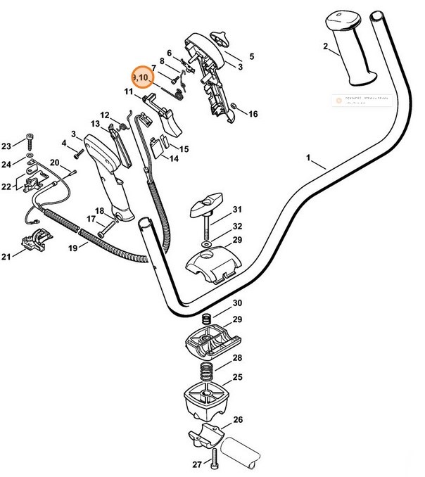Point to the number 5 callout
point(252,56)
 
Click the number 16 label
point(253,114)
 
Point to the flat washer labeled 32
point(205,246)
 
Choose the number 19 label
point(72,248)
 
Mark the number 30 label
point(238,303)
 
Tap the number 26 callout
point(238,421)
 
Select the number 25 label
point(238,378)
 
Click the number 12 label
point(104,115)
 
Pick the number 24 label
point(6,165)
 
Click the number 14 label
point(172,159)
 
